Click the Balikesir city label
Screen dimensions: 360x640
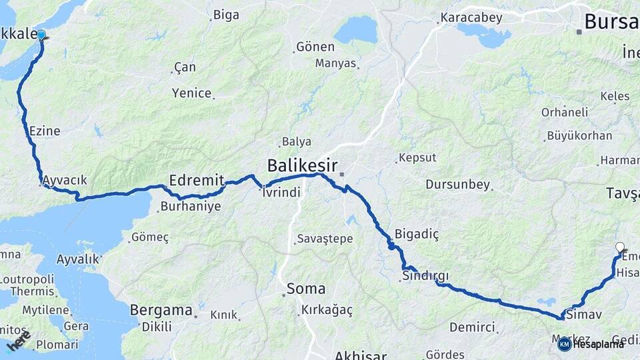pos(302,165)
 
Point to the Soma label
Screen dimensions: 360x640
pos(306,289)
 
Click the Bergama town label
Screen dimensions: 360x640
pos(161,309)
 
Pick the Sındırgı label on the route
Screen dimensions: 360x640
pos(425,275)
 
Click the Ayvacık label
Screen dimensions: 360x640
pos(64,180)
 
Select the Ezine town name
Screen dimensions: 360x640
pos(45,131)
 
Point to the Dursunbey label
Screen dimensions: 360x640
pos(457,185)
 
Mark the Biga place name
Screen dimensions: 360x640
pos(226,15)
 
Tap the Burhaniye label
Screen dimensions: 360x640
pos(190,207)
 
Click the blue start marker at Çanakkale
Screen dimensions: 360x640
pos(41,35)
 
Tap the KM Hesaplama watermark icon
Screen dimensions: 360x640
pos(564,344)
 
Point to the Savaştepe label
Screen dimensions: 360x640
pos(325,239)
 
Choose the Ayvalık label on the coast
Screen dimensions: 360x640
pos(78,259)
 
